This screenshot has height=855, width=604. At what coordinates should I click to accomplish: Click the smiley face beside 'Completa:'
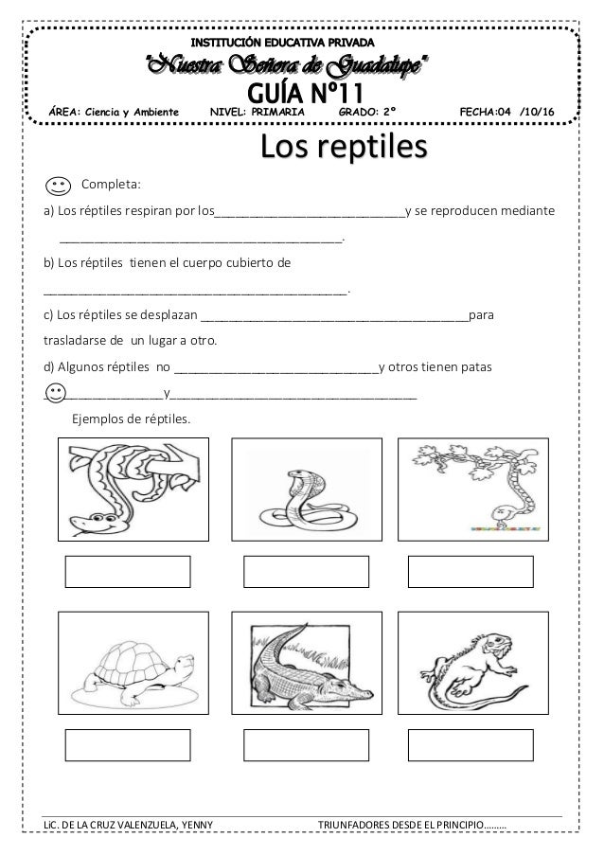pos(57,181)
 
